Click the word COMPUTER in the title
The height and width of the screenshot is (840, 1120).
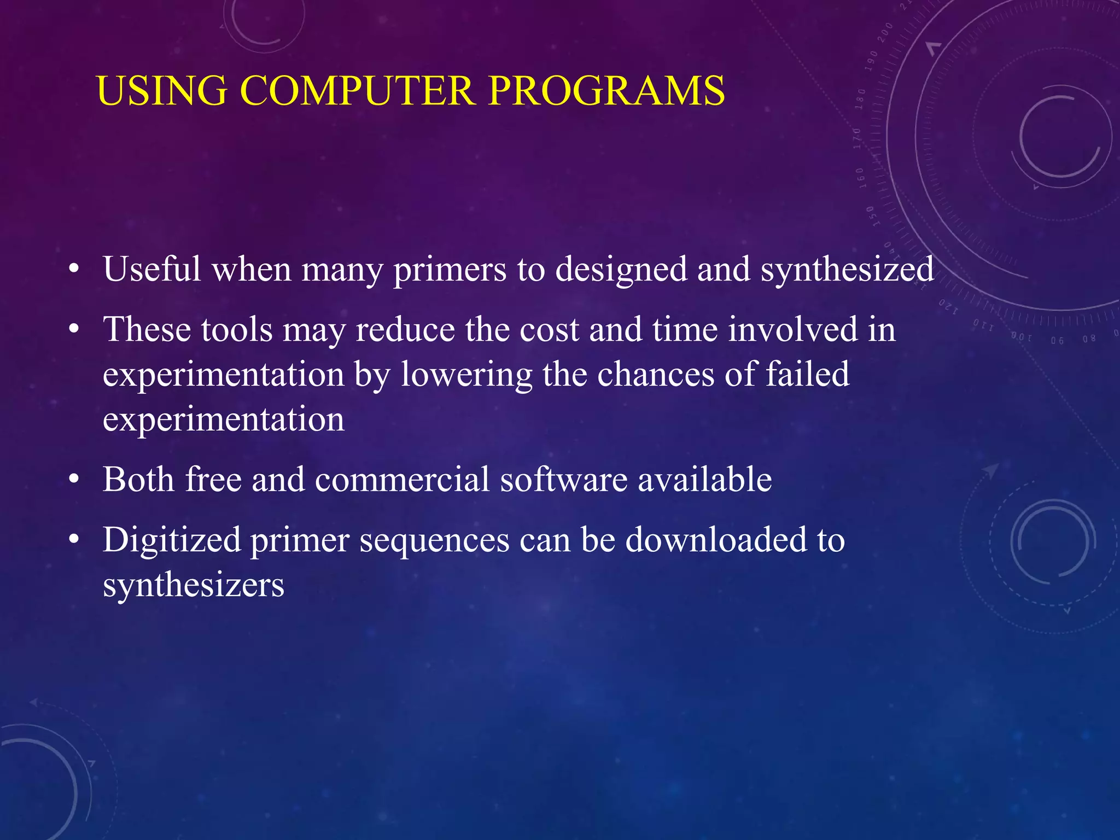(357, 90)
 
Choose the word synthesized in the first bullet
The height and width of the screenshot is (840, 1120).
(847, 270)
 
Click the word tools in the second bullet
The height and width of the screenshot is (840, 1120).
(236, 330)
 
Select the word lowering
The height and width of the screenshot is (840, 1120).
(466, 376)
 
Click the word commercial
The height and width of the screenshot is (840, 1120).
(402, 480)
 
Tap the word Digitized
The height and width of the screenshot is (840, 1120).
(172, 541)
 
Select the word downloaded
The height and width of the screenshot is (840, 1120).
(716, 540)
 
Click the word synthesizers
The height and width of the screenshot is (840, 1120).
(194, 586)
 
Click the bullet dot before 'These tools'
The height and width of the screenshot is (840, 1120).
(74, 331)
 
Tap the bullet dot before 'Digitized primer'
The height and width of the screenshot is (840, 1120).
(74, 541)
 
